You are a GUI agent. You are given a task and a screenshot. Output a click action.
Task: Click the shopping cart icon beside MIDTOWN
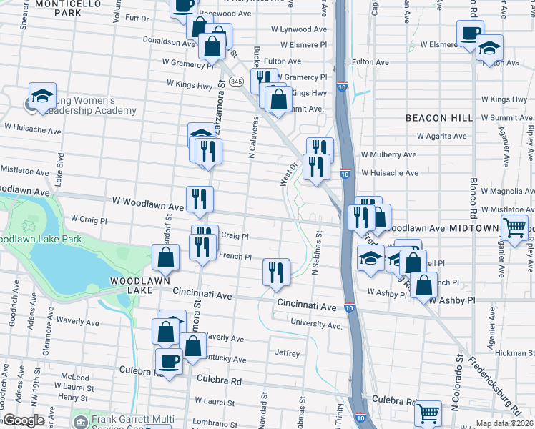pyautogui.click(x=515, y=228)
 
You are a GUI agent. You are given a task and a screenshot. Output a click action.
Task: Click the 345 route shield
pyautogui.click(x=237, y=82)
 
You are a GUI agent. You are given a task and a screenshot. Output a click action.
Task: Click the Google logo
pyautogui.click(x=24, y=420)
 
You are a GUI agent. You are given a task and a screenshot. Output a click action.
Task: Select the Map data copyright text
pyautogui.click(x=505, y=423)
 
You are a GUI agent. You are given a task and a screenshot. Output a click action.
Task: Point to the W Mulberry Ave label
pyautogui.click(x=388, y=154)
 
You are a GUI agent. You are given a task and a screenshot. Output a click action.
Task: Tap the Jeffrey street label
pyautogui.click(x=287, y=352)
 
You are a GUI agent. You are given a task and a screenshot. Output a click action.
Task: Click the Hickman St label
pyautogui.click(x=509, y=352)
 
